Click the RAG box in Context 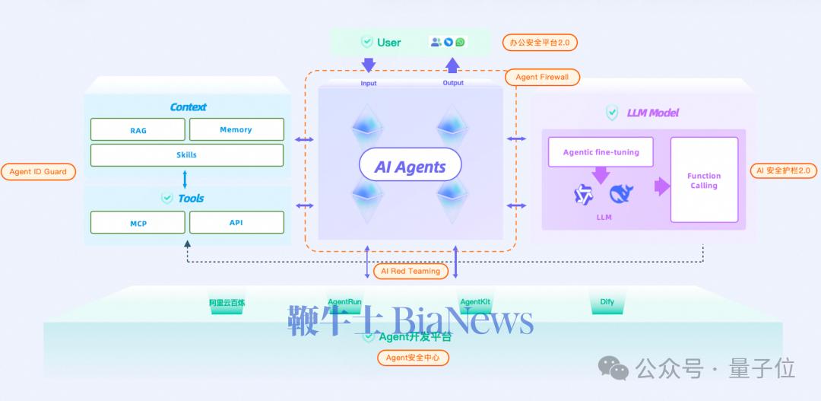(x=138, y=130)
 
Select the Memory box (x=236, y=129)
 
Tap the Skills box (x=186, y=154)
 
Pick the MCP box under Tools (x=138, y=222)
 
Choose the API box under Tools (x=236, y=222)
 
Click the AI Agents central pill (x=410, y=167)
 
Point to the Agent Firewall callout (x=542, y=77)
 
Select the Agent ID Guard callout (x=38, y=172)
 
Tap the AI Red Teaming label (x=410, y=271)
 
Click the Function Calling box (x=704, y=180)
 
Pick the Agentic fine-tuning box (x=601, y=152)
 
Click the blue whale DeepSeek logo (x=621, y=195)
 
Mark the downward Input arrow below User (x=369, y=65)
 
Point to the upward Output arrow (x=453, y=64)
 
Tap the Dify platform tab (x=607, y=303)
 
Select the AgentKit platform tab (x=475, y=303)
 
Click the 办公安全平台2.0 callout (x=540, y=43)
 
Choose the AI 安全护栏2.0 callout (x=783, y=170)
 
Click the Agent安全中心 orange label (x=413, y=358)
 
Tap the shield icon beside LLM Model (x=612, y=113)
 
